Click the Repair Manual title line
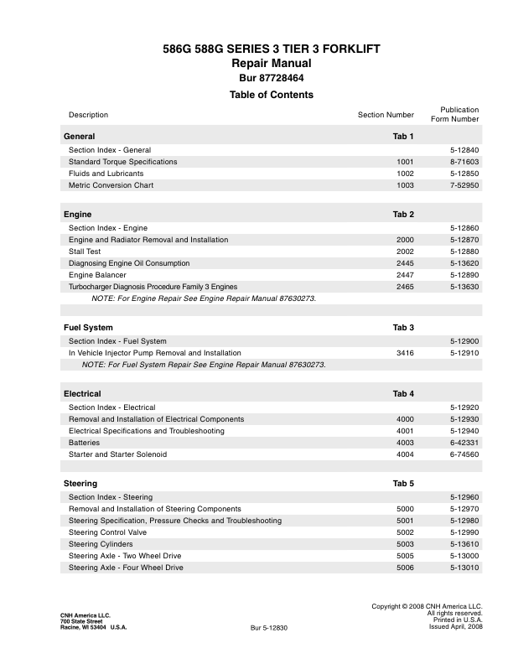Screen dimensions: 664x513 pyautogui.click(x=271, y=64)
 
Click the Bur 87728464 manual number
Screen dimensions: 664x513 pyautogui.click(x=271, y=78)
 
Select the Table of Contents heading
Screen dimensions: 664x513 pyautogui.click(x=271, y=95)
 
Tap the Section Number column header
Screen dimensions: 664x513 pyautogui.click(x=386, y=115)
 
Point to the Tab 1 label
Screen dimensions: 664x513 pyautogui.click(x=403, y=136)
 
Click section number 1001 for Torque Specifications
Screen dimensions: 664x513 pyautogui.click(x=405, y=162)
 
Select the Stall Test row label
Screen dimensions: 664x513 pyautogui.click(x=86, y=252)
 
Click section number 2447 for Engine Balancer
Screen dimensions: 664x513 pyautogui.click(x=405, y=275)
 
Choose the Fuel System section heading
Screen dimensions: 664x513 pyautogui.click(x=88, y=327)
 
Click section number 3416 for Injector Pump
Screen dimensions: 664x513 pyautogui.click(x=405, y=353)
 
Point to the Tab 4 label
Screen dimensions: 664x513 pyautogui.click(x=403, y=393)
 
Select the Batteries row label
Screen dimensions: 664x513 pyautogui.click(x=84, y=443)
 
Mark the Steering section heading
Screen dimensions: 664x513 pyautogui.click(x=80, y=484)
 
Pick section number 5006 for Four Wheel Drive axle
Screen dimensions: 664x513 pyautogui.click(x=405, y=568)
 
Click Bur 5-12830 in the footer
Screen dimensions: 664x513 pyautogui.click(x=269, y=628)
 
